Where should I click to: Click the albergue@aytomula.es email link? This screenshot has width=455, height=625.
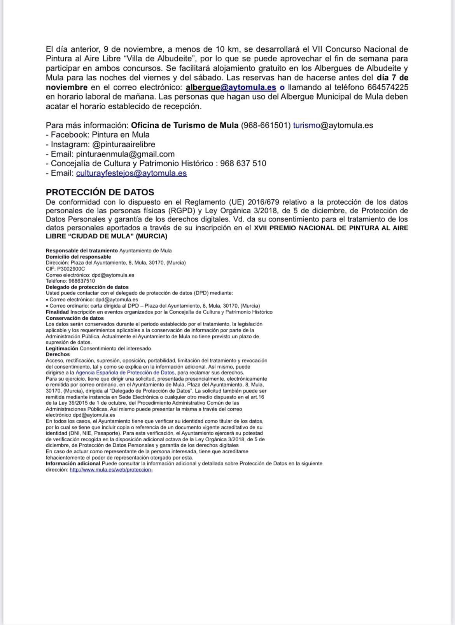click(x=231, y=87)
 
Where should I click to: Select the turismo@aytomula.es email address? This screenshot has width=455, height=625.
click(x=333, y=125)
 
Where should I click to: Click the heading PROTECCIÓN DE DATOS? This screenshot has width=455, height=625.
click(x=100, y=192)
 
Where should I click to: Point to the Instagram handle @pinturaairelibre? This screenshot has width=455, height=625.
click(x=124, y=144)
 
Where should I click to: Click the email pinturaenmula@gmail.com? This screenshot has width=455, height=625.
click(x=125, y=154)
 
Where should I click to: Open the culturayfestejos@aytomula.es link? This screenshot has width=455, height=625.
click(x=131, y=173)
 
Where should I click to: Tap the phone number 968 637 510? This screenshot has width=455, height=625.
click(x=243, y=164)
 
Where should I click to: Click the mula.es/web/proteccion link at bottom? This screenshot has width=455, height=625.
click(x=111, y=470)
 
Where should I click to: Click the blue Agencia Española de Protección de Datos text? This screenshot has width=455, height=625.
click(x=125, y=373)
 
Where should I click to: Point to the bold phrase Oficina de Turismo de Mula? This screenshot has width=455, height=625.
click(x=185, y=125)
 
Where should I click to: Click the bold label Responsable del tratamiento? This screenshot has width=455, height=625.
click(x=82, y=251)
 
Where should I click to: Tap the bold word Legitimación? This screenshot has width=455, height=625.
click(x=62, y=348)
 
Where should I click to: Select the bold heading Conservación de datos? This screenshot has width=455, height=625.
click(x=75, y=318)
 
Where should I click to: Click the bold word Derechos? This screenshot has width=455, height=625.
click(x=58, y=354)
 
